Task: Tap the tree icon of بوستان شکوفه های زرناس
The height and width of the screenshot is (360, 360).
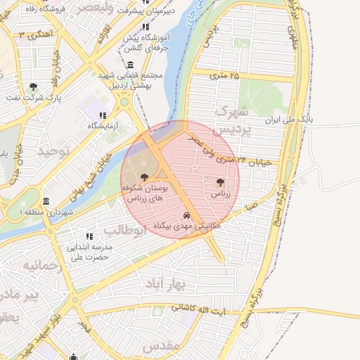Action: point(145,177)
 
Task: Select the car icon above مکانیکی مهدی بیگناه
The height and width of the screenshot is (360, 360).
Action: point(186,215)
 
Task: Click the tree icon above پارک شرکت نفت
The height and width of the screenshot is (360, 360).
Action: point(33,87)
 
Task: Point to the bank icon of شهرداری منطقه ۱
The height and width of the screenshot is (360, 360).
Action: point(46,201)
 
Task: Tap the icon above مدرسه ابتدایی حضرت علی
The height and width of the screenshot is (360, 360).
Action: point(89,236)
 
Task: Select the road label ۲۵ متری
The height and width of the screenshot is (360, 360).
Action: point(224,75)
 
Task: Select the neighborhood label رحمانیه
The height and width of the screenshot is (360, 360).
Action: point(38,266)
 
